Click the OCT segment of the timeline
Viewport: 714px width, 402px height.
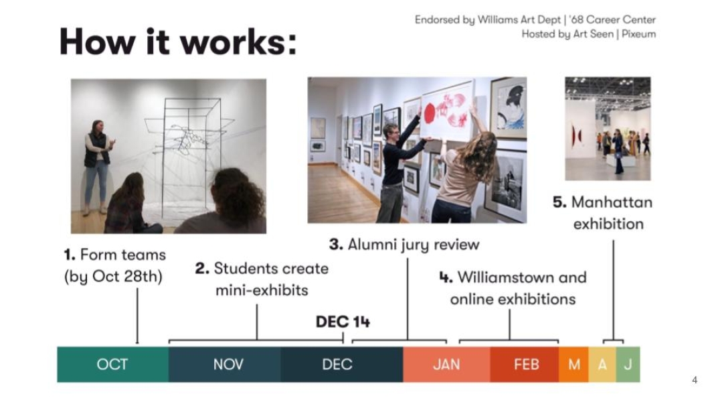(112, 364)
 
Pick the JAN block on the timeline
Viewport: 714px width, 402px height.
(447, 364)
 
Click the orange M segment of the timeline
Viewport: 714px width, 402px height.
(573, 364)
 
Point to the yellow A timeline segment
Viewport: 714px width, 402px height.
(602, 364)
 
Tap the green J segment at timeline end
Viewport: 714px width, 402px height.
(628, 364)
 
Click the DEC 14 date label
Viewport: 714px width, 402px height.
(343, 322)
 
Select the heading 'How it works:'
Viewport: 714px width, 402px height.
(177, 42)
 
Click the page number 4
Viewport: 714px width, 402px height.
(695, 380)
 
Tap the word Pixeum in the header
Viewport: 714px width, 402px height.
(639, 34)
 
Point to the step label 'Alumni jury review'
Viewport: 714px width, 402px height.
(414, 245)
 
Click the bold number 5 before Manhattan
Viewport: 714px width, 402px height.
(559, 202)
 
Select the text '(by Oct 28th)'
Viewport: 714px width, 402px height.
(113, 277)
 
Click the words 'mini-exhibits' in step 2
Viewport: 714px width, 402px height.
(262, 290)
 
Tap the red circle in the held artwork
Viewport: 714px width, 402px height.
(430, 113)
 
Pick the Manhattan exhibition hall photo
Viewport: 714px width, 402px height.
(608, 129)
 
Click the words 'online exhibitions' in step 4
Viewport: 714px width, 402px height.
(513, 299)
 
